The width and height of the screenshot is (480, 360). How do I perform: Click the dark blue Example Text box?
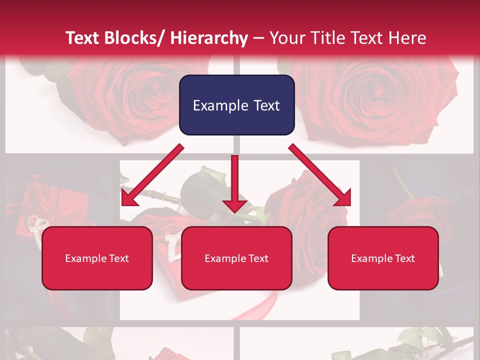click(x=236, y=105)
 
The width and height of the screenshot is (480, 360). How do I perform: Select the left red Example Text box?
click(x=97, y=258)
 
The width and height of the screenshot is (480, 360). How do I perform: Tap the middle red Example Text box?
click(x=236, y=258)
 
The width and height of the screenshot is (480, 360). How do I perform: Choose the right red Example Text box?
click(x=383, y=258)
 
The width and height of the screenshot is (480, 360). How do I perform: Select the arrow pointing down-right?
click(x=320, y=175)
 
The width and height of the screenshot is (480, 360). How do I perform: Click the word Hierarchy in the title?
click(x=209, y=38)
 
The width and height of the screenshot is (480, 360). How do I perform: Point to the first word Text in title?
click(x=84, y=38)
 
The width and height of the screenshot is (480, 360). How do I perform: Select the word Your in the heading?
click(x=286, y=38)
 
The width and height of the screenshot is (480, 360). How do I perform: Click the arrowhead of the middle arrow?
click(x=234, y=204)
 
